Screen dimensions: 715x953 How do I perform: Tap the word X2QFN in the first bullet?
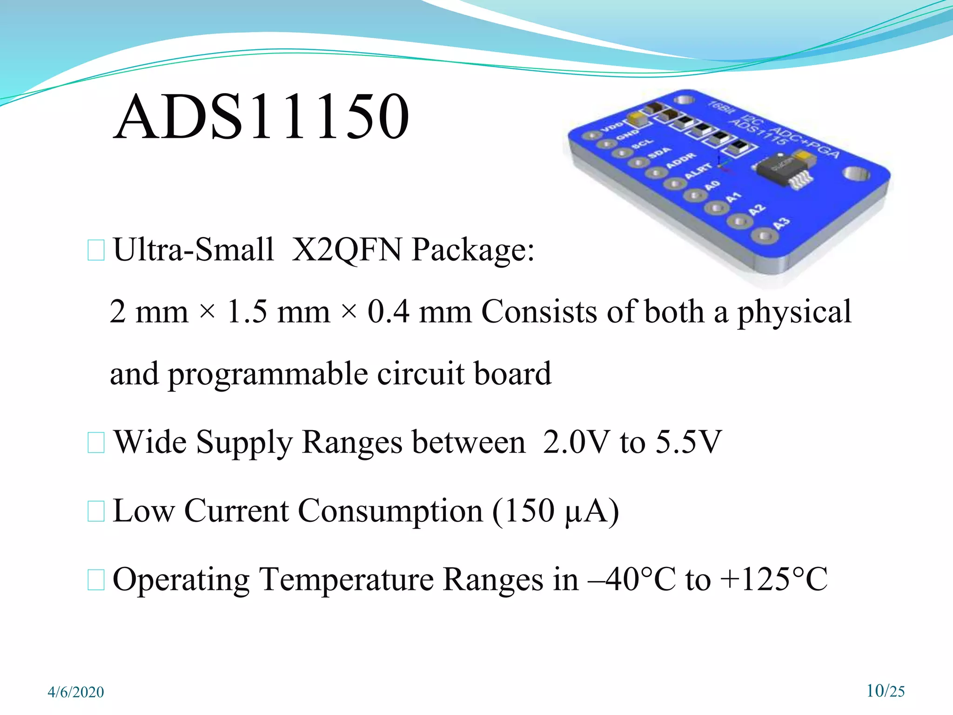pyautogui.click(x=346, y=250)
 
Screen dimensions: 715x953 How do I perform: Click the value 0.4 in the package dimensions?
pyautogui.click(x=389, y=312)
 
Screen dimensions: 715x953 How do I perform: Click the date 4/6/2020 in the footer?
pyautogui.click(x=76, y=692)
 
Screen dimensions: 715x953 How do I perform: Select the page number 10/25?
pyautogui.click(x=886, y=691)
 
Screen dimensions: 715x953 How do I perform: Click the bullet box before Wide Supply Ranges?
pyautogui.click(x=96, y=442)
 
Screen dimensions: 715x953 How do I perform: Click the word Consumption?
pyautogui.click(x=390, y=511)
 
